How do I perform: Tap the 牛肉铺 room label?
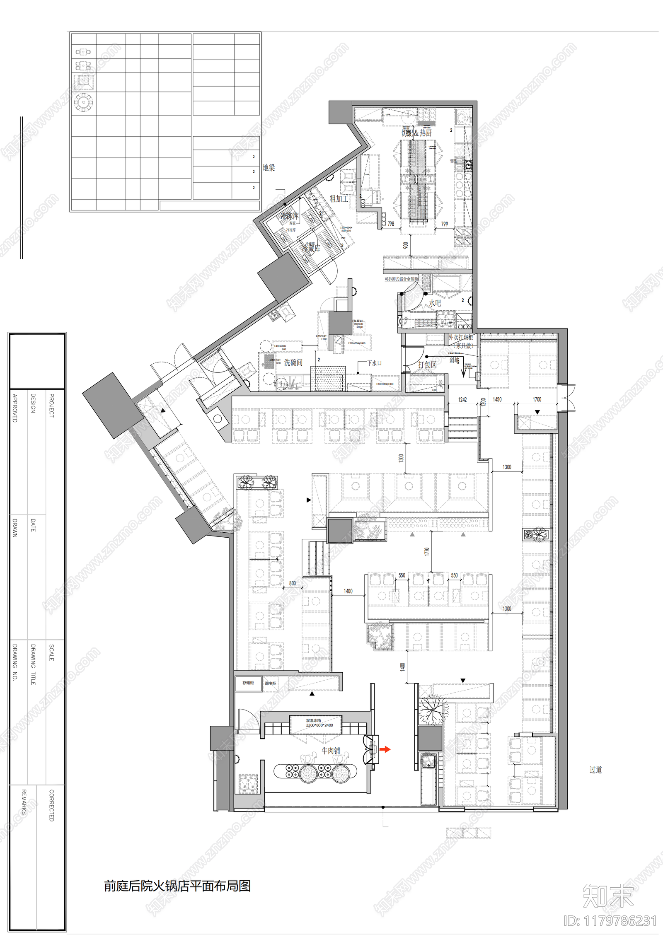point(331,751)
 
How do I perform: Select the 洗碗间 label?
point(293,363)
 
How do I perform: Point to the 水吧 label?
point(435,303)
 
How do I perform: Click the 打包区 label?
point(427,365)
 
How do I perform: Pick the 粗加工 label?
point(339,199)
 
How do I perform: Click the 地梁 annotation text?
point(269,168)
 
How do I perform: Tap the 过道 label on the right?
point(595,770)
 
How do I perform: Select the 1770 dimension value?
point(427,552)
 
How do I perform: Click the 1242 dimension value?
point(462,400)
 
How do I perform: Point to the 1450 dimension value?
point(497,399)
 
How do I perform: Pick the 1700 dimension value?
point(537,399)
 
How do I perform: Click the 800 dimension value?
point(293,583)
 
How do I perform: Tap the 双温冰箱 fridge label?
point(313,720)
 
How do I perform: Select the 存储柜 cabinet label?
point(248,683)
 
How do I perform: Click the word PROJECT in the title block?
point(52,406)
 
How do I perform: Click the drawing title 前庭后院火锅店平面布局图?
point(177,886)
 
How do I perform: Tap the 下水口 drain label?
point(375,363)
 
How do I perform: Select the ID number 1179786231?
point(610,920)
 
